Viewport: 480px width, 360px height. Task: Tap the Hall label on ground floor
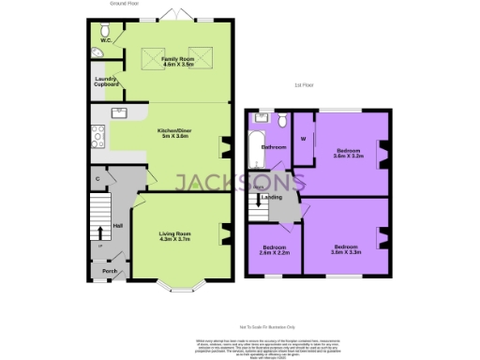[118, 226]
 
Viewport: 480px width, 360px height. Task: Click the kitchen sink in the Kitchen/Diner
[121, 114]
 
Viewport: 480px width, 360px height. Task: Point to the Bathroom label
[273, 147]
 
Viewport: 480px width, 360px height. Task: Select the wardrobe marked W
[303, 140]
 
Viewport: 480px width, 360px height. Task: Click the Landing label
[272, 198]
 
